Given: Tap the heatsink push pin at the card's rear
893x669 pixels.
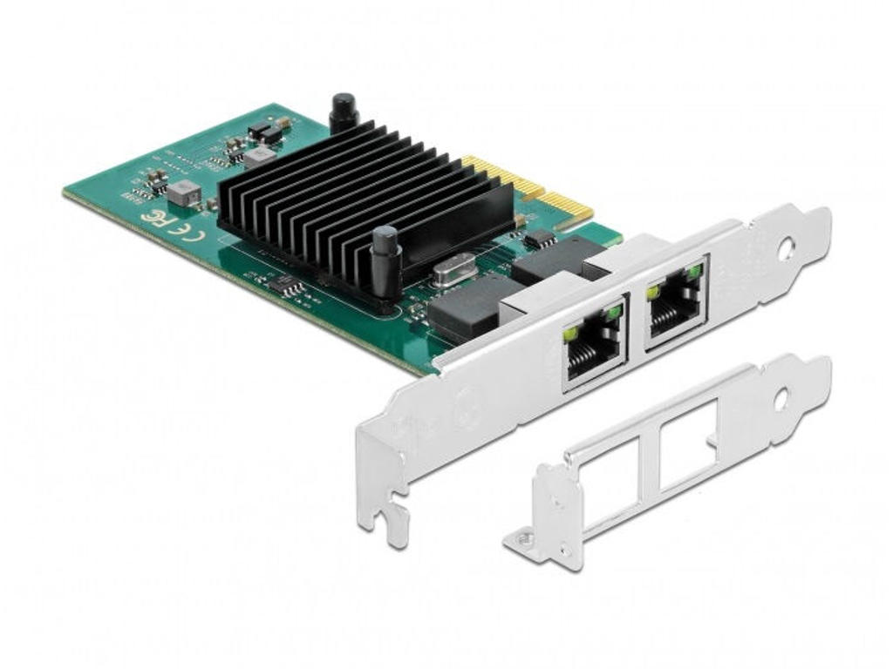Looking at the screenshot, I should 344,111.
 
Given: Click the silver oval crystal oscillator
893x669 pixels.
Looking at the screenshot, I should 452,269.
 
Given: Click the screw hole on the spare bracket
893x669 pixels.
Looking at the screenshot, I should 781,398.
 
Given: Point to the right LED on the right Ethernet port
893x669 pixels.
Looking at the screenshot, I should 694,272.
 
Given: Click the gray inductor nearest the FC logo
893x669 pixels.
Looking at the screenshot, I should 184,193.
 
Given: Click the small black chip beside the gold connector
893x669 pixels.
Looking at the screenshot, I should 540,238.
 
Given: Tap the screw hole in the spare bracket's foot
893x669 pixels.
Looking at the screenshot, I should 524,541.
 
